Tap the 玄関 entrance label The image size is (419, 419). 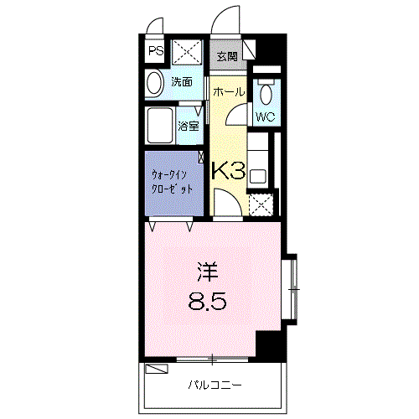click(225, 57)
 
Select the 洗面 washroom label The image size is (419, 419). click(182, 82)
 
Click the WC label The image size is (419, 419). click(265, 117)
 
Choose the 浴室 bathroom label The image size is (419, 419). click(188, 127)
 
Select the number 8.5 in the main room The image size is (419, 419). click(209, 300)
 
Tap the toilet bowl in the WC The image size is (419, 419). click(266, 92)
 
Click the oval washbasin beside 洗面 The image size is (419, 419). click(154, 82)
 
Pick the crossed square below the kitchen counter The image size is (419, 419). click(261, 204)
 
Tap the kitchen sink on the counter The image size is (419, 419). click(259, 177)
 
